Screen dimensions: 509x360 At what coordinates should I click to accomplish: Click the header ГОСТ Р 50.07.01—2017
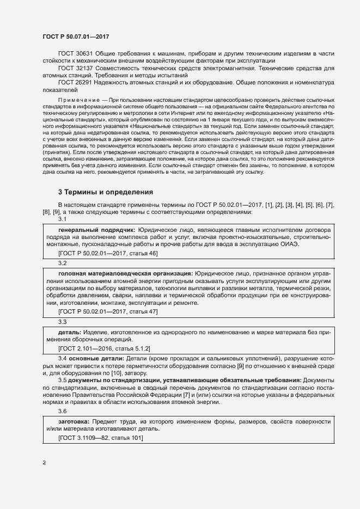click(x=76, y=36)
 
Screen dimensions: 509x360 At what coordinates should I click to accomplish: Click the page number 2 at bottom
click(x=44, y=463)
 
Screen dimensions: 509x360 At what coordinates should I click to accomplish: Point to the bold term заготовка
click(x=75, y=422)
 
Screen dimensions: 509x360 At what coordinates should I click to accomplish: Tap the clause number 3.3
click(x=62, y=321)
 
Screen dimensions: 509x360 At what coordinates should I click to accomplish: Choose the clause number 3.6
click(x=62, y=412)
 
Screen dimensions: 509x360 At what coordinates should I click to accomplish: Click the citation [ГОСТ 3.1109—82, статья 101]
click(x=100, y=438)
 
